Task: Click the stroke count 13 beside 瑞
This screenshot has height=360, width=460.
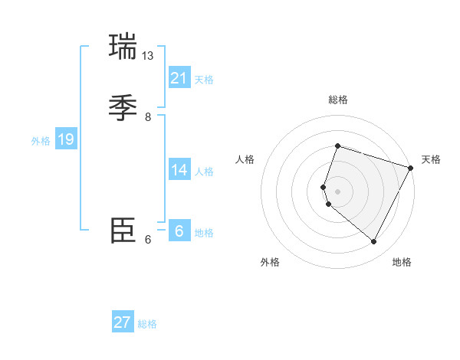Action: tap(148, 56)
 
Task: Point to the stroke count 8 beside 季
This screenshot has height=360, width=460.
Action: tap(148, 117)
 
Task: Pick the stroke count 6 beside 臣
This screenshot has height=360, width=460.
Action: tap(148, 240)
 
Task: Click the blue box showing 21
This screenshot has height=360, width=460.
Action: tap(179, 77)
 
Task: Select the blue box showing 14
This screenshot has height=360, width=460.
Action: tap(179, 169)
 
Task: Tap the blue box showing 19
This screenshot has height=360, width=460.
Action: tap(66, 139)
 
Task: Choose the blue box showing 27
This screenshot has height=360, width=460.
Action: tap(123, 322)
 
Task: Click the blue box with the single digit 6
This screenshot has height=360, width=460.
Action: tap(179, 231)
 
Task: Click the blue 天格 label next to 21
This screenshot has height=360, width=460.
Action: tap(204, 80)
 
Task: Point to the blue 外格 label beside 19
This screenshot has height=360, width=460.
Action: tap(41, 141)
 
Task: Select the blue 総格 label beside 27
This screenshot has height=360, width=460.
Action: tap(147, 324)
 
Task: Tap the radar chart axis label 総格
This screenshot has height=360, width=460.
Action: tap(337, 100)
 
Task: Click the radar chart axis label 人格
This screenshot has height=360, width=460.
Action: tap(245, 159)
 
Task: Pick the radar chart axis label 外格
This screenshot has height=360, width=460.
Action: tap(270, 262)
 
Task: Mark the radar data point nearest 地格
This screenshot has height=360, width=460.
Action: tap(374, 242)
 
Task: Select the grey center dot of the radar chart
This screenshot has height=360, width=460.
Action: tap(337, 191)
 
